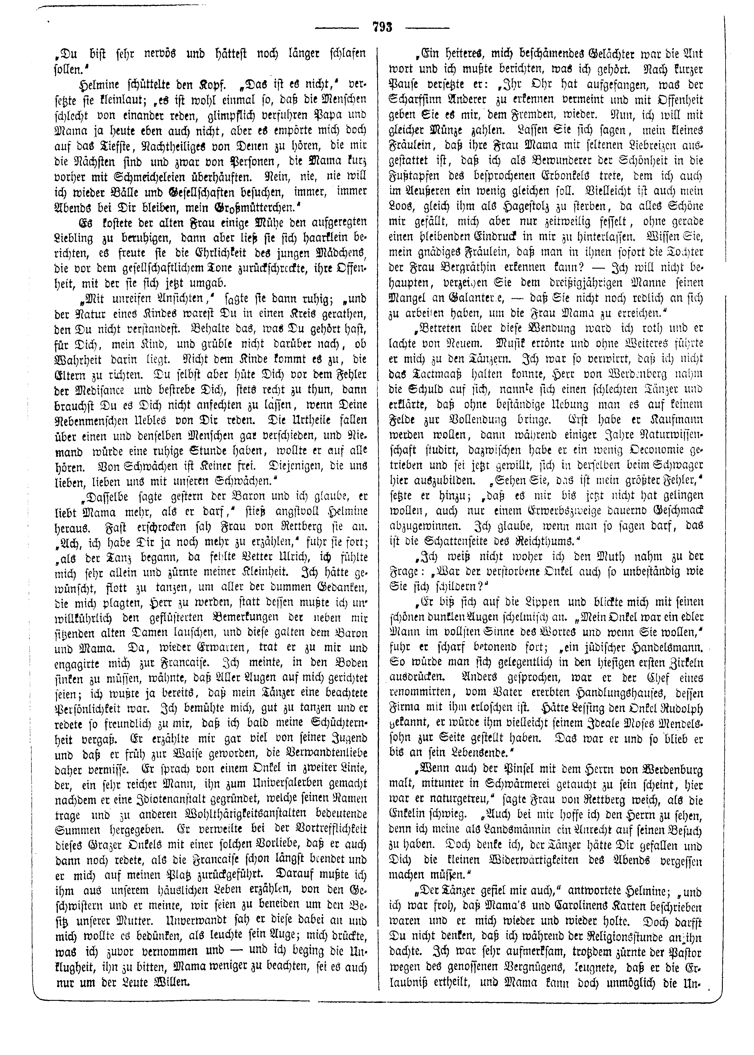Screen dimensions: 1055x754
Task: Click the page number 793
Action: click(382, 27)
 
